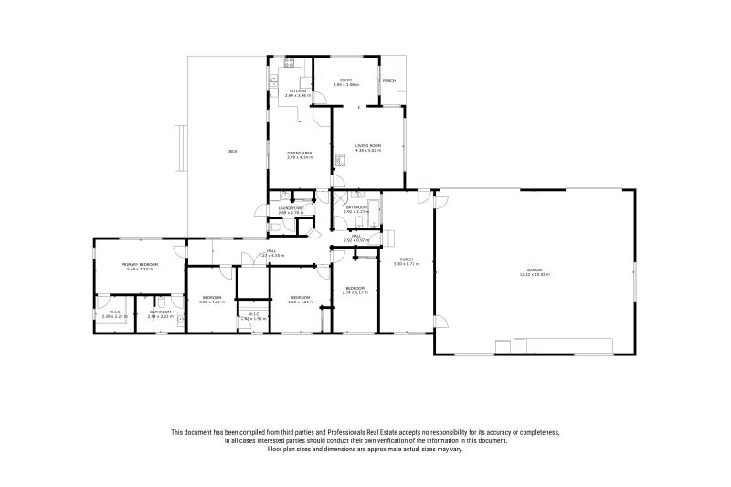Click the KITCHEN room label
pos(298,90)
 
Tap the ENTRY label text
pos(346,80)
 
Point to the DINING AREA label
pos(300,153)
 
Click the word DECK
pos(232,151)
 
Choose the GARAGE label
pos(535,269)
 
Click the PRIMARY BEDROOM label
pos(141,264)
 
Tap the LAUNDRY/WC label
pos(291,208)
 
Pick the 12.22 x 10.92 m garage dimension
pos(535,274)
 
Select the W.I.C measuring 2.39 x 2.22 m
pos(116,316)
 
